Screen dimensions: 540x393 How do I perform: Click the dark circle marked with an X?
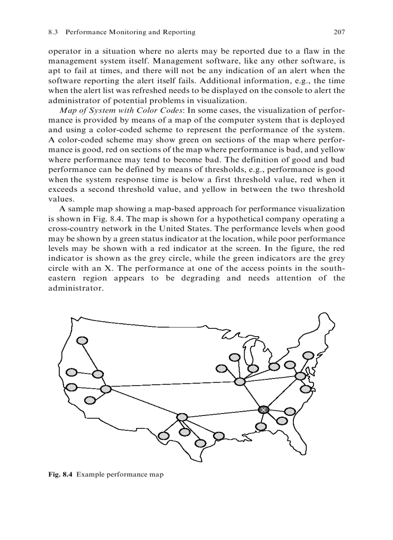point(263,409)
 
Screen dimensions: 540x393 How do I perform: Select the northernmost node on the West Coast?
point(82,340)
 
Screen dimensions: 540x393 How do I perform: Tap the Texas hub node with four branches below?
point(182,417)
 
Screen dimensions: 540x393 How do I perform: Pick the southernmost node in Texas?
point(199,442)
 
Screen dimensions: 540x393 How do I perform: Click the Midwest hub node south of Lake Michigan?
point(239,381)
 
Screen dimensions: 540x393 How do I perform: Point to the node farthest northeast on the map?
point(308,355)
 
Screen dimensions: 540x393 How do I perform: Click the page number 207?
point(339,32)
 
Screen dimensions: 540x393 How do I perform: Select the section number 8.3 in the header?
point(53,32)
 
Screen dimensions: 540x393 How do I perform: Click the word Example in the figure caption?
point(91,475)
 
